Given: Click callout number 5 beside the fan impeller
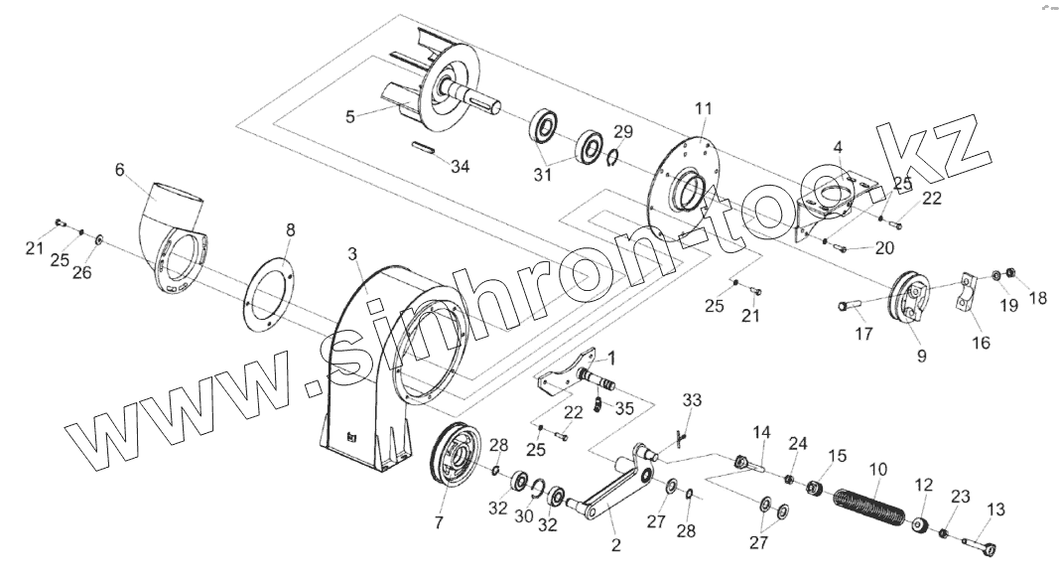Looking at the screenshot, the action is (x=349, y=116).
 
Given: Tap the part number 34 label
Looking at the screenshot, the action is (x=459, y=166).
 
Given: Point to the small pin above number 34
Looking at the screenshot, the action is (x=425, y=149).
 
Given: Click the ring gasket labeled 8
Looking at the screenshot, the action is (x=269, y=294).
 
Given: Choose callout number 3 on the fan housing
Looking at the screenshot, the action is (x=352, y=255).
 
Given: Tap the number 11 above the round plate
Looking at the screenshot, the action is (x=703, y=106).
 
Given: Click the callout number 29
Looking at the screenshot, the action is (x=622, y=131).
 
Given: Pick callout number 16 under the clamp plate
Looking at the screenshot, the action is (x=981, y=343).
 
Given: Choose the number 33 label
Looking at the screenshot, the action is (x=692, y=399).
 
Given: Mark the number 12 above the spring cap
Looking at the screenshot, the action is (x=924, y=485).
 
